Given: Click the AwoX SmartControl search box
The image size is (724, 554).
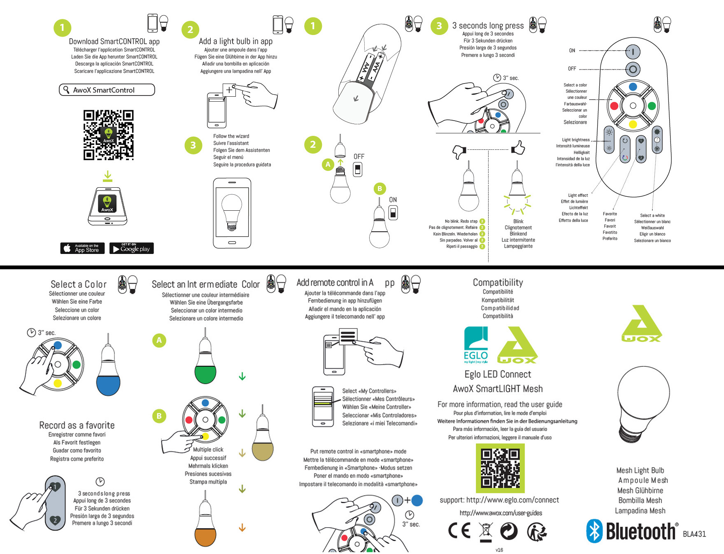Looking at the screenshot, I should click(107, 90).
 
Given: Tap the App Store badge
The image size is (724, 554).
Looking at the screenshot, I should click(82, 248).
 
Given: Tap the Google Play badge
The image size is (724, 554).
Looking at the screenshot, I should click(131, 248).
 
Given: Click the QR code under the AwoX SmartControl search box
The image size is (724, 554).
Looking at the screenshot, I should click(108, 135).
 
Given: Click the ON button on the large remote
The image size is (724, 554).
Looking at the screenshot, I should click(633, 52).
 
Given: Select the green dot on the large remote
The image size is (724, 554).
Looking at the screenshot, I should click(652, 106).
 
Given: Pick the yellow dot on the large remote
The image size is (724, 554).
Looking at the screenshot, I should click(633, 124).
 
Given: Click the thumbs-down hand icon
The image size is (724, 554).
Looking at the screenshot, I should click(459, 151).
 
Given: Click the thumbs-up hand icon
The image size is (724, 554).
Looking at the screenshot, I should click(518, 147).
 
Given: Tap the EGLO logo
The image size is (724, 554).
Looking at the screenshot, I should click(476, 345).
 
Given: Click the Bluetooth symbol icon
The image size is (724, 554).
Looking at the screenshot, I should click(594, 531).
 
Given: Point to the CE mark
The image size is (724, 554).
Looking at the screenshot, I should click(459, 531).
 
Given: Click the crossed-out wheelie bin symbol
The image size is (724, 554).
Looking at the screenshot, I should click(486, 531).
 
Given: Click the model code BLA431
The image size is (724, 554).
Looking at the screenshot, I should click(694, 534).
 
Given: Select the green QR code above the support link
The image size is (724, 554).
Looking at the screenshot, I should click(500, 468).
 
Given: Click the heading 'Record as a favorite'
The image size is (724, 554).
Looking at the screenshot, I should click(77, 425).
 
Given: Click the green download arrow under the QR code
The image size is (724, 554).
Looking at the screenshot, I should click(107, 176).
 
